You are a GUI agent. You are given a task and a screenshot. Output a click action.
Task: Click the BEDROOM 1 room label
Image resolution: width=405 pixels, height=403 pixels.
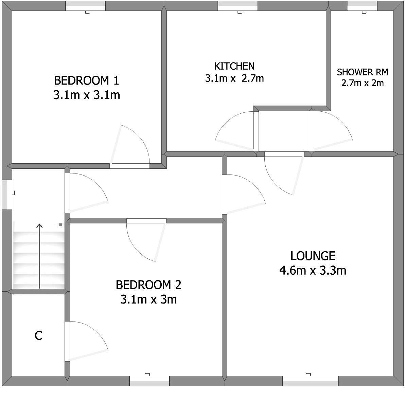87,80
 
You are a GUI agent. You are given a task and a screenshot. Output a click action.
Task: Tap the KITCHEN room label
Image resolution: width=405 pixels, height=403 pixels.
234,66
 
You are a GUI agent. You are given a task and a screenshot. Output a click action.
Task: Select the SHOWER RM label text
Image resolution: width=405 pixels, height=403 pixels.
363,72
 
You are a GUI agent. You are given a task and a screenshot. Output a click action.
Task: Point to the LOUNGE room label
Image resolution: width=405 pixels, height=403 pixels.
313,256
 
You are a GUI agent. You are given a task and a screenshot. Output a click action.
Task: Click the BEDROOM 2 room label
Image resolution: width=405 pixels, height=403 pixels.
148,285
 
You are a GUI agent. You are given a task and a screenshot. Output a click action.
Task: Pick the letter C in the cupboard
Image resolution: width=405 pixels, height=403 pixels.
38,336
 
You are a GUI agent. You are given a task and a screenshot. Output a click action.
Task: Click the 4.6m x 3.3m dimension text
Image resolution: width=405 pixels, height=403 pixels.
313,270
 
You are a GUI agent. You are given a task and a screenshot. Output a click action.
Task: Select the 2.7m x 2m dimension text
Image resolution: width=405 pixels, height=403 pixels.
363,83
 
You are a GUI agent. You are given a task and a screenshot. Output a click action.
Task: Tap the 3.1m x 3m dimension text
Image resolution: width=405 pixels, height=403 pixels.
148,299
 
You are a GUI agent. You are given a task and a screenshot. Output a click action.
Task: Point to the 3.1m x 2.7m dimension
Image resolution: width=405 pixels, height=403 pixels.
234,78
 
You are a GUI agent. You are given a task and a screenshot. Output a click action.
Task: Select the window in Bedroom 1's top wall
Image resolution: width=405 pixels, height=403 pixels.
86,6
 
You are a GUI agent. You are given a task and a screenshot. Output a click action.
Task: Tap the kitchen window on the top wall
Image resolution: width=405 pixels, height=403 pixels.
238,6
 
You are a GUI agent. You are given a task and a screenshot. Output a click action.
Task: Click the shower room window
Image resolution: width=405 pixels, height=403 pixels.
362,6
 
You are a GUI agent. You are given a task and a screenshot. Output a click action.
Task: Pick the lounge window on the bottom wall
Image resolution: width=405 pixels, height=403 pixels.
311,381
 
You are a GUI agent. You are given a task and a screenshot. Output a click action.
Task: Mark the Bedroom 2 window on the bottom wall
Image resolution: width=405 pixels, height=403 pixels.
149,381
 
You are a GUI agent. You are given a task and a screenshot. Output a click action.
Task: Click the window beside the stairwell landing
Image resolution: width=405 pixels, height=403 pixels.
7,195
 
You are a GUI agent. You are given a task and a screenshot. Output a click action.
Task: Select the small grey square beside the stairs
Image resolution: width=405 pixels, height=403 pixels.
60,225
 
